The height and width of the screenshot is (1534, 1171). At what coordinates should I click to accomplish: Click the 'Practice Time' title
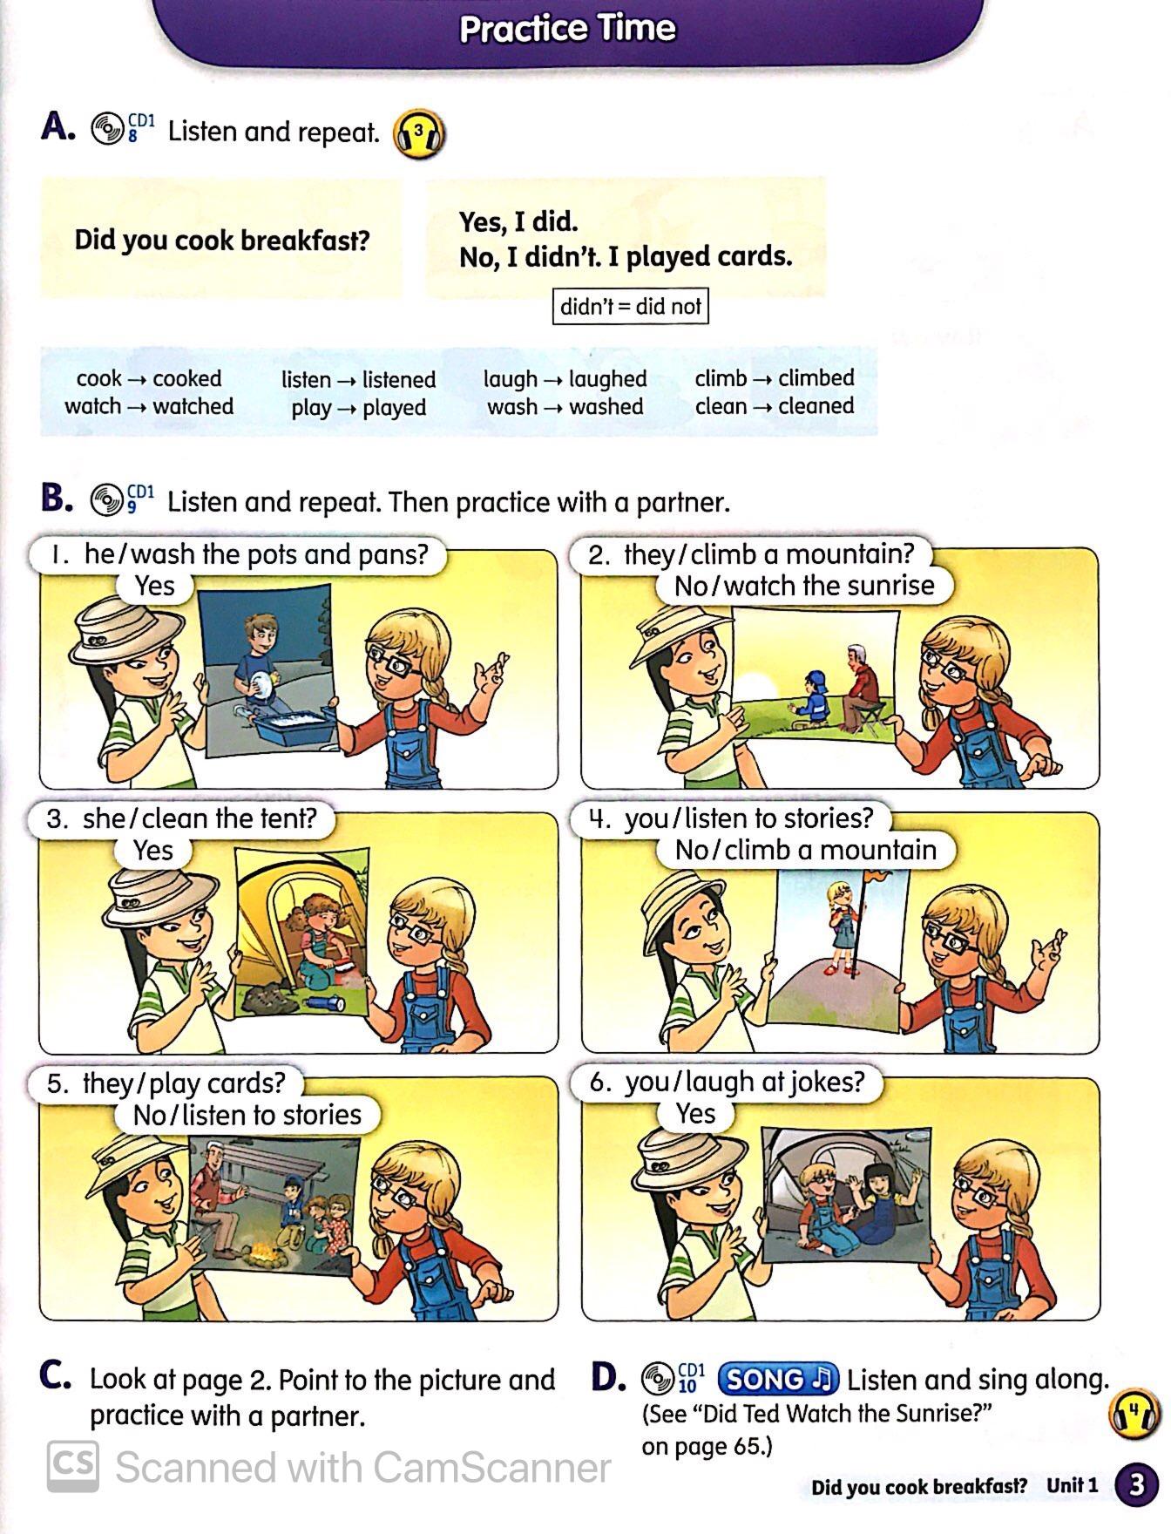567,28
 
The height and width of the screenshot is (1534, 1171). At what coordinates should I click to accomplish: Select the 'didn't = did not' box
630,306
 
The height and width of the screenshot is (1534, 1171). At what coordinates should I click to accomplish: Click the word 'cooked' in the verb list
187,378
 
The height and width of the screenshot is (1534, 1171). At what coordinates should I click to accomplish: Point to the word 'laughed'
608,379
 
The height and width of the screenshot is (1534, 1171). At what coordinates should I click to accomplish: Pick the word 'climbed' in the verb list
816,377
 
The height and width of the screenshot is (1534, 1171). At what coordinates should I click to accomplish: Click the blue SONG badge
778,1379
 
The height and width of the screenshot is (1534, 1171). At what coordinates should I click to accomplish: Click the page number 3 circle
1136,1484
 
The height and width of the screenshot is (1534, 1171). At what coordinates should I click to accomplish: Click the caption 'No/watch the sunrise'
804,586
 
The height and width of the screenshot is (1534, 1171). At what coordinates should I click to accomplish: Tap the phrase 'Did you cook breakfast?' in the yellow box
222,240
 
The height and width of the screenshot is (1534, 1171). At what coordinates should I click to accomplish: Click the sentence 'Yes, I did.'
518,221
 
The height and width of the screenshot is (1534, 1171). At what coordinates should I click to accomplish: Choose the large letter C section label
55,1375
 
